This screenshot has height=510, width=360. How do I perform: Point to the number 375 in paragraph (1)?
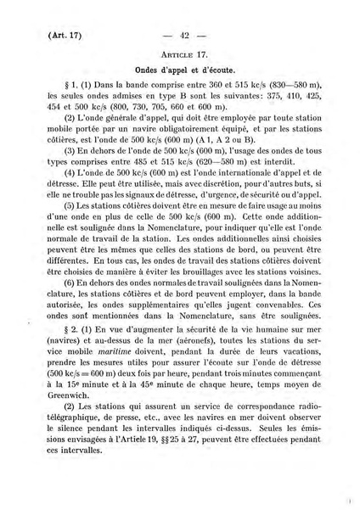[273, 96]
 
